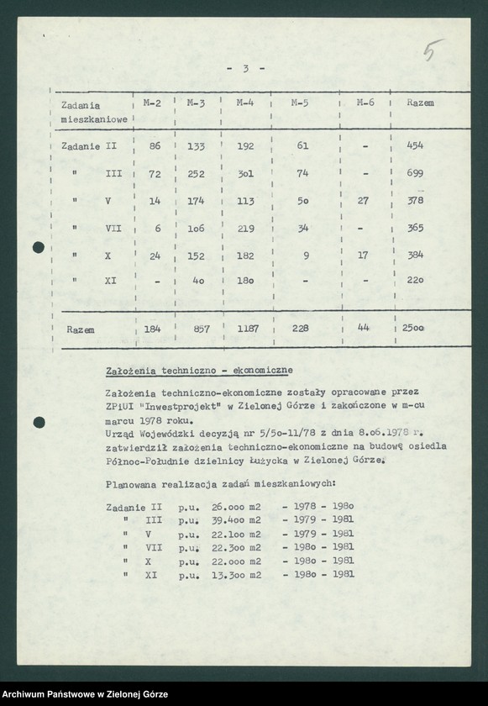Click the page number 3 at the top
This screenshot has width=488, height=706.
(x=246, y=69)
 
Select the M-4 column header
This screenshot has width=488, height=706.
(x=245, y=103)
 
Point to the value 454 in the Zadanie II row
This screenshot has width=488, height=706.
(x=414, y=145)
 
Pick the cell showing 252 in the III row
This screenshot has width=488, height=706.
(x=196, y=173)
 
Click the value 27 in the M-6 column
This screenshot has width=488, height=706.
(x=364, y=201)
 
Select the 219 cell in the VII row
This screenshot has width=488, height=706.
(x=245, y=228)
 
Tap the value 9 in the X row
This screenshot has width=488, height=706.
(x=304, y=255)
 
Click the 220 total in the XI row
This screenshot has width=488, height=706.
(x=415, y=282)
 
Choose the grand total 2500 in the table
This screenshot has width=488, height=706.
(x=412, y=329)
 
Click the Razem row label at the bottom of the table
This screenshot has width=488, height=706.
(x=81, y=330)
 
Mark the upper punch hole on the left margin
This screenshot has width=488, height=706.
(x=39, y=248)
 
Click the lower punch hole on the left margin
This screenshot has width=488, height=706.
(x=39, y=422)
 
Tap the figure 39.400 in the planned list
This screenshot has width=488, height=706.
(x=229, y=520)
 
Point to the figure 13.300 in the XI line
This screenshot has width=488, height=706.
(x=229, y=574)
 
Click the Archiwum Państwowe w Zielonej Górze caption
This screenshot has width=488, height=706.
(x=86, y=694)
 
